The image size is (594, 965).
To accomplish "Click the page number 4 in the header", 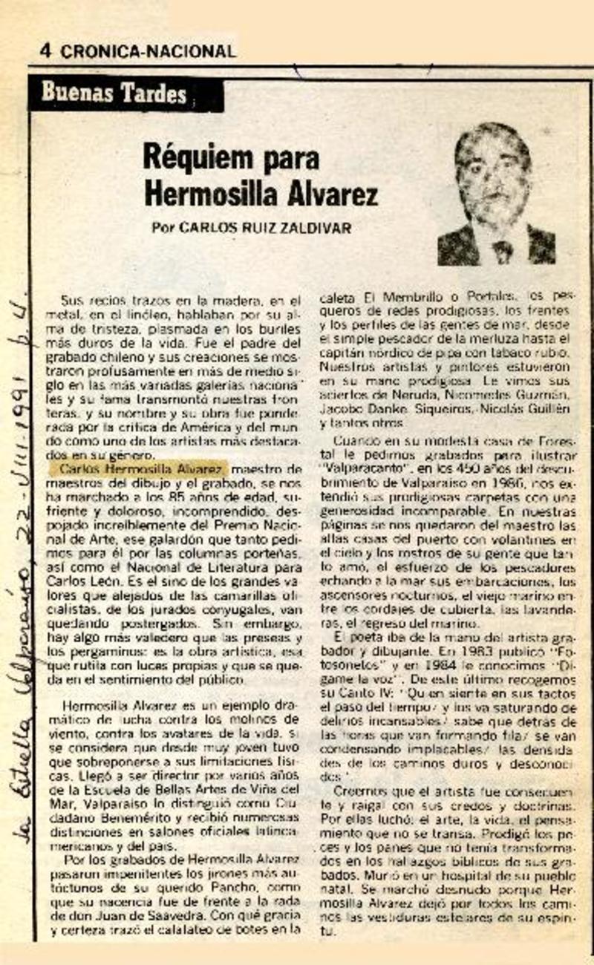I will click(x=45, y=51).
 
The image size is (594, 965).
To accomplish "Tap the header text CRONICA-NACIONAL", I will click(x=148, y=52).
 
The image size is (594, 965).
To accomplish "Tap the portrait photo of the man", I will click(x=496, y=194).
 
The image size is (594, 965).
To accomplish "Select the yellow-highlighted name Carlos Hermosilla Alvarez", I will click(x=139, y=469).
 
